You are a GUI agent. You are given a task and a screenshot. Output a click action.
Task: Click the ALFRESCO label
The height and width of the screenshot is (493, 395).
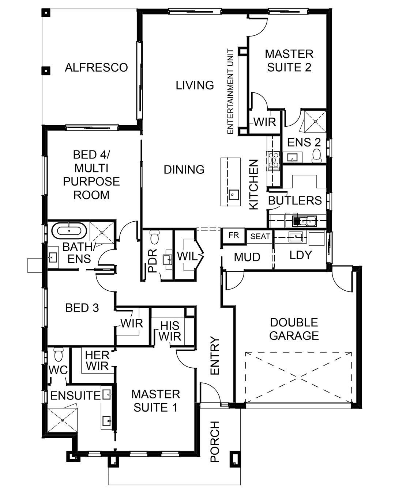96,68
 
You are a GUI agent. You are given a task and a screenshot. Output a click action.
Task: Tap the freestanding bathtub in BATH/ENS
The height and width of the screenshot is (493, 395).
69,231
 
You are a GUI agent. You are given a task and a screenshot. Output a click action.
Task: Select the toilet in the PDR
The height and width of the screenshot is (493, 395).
154,237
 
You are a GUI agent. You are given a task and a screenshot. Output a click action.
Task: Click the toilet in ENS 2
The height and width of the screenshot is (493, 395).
316,156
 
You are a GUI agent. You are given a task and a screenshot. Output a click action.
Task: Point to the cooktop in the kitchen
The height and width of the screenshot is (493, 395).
273,161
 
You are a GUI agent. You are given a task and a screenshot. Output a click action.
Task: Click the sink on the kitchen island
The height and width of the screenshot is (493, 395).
234,195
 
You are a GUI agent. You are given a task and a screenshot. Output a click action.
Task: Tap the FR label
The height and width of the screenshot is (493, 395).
234,235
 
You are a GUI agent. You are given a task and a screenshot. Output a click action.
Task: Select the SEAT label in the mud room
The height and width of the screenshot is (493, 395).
260,236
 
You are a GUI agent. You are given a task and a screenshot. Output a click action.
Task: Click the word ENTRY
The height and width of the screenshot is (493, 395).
215,356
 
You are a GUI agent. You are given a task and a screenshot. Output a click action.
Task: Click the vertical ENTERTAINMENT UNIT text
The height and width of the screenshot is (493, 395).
230,91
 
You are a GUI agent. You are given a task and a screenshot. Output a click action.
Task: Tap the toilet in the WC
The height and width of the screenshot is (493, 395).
59,354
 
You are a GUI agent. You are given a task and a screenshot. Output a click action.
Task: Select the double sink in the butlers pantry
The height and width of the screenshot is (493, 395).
304,221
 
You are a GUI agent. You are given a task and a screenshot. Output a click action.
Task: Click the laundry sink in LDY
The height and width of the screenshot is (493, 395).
296,236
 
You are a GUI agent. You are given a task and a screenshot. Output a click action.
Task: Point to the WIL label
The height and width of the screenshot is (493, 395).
187,256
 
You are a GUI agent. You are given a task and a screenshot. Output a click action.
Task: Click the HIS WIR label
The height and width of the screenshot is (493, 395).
170,331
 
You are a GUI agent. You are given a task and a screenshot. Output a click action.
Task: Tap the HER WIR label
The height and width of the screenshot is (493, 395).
97,361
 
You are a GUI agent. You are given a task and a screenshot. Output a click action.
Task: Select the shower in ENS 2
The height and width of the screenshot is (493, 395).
315,121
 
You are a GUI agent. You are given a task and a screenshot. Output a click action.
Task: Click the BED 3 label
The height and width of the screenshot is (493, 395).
82,308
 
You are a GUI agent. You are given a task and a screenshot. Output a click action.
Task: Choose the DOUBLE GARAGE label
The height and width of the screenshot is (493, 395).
294,329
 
